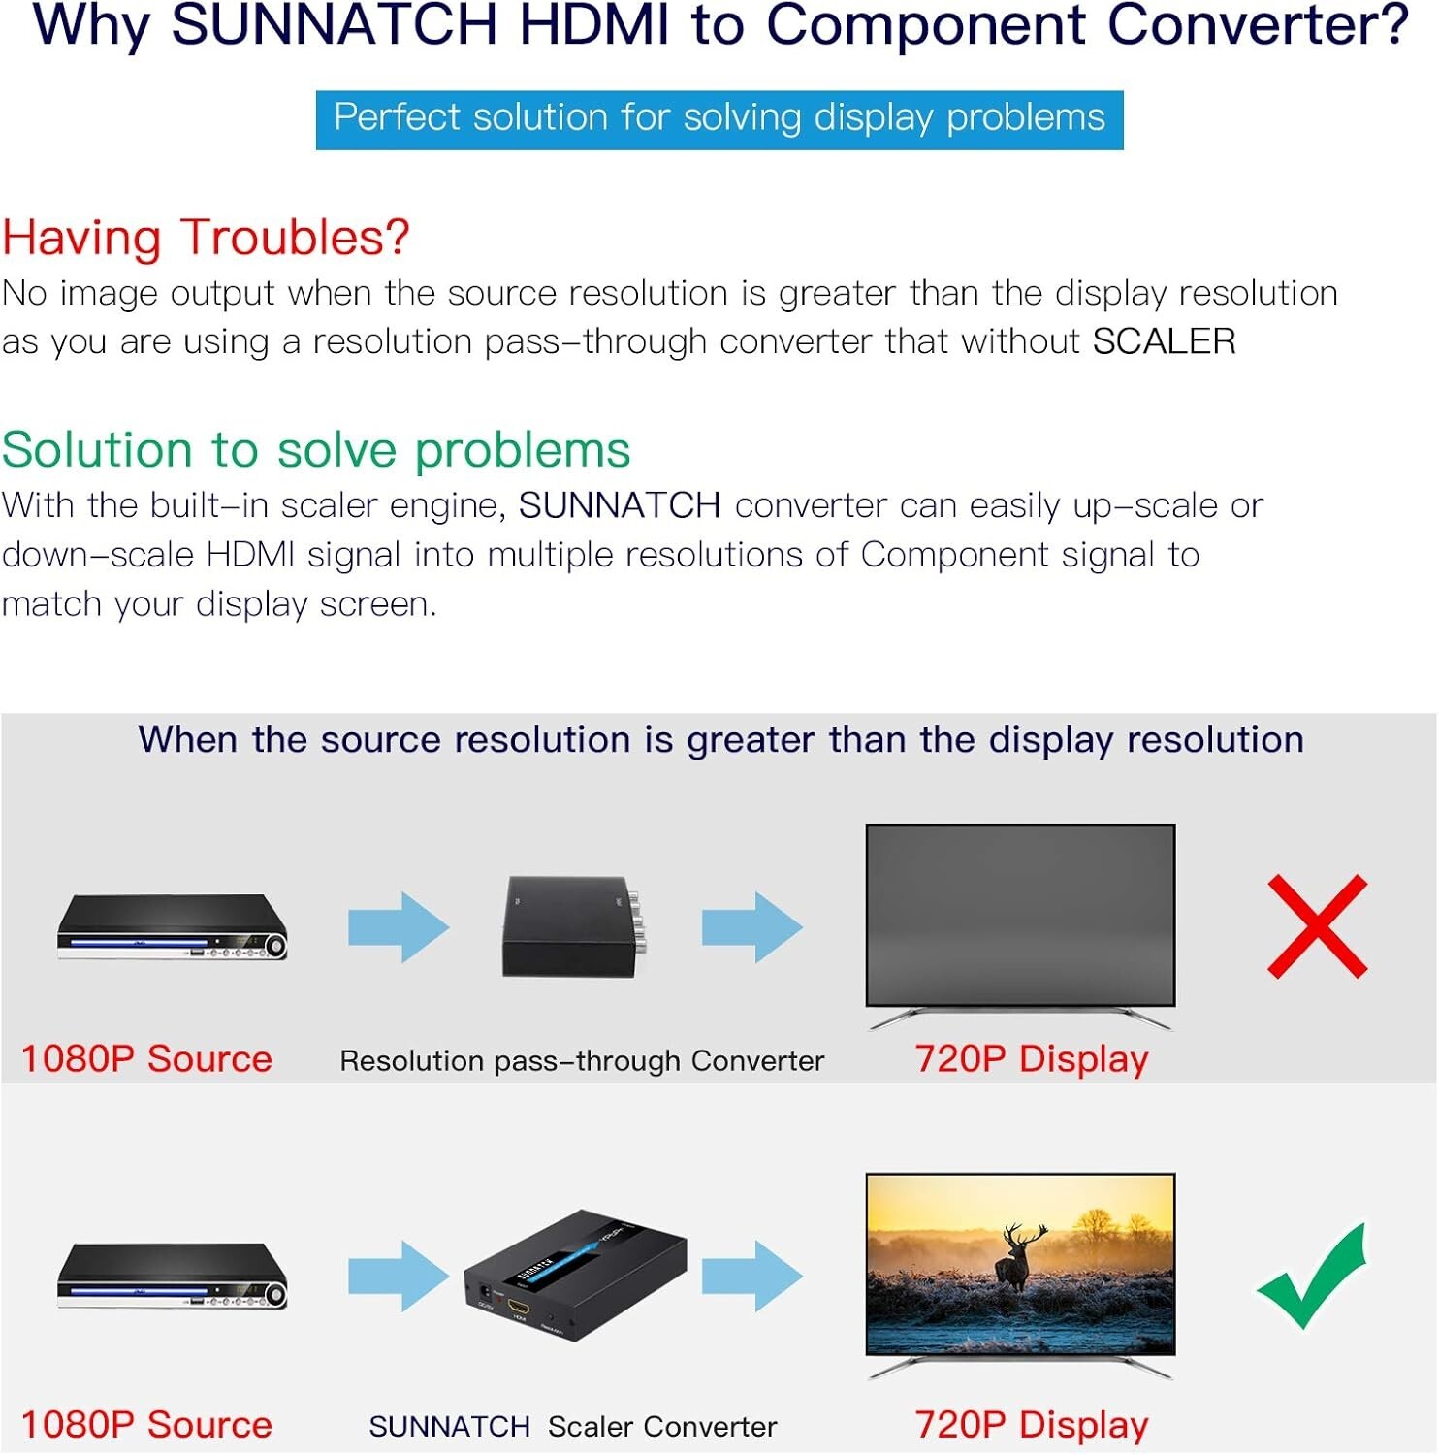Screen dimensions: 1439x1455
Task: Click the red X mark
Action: [1318, 926]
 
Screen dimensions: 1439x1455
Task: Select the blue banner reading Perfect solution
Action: [719, 119]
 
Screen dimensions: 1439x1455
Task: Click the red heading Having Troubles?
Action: [206, 238]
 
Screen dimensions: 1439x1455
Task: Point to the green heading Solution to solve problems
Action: [316, 450]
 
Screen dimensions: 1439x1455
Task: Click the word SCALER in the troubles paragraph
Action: [1165, 341]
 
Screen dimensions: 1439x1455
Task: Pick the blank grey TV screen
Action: [1020, 915]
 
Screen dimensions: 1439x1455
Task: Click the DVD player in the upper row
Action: [173, 926]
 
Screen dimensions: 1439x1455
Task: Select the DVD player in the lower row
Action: [173, 1276]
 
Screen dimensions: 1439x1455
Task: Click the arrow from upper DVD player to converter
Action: [399, 927]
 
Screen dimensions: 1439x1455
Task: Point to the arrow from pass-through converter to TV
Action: [752, 927]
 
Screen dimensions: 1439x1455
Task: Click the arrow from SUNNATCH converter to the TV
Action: [752, 1276]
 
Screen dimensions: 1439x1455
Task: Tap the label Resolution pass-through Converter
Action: [582, 1061]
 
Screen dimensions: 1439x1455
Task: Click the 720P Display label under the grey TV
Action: [1032, 1059]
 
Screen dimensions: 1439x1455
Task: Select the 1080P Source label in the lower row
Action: [146, 1425]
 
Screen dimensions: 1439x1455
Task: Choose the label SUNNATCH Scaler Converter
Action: [573, 1427]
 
